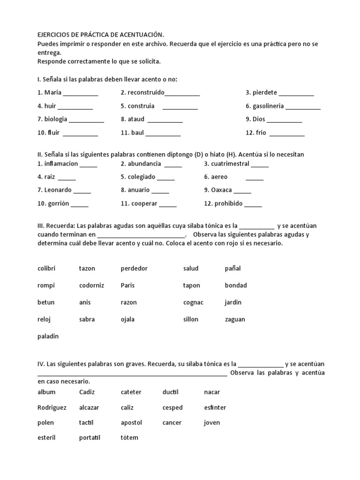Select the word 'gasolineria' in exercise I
coord(268,106)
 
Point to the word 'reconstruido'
coord(146,93)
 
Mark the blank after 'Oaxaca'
coord(242,191)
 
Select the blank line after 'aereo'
coord(255,178)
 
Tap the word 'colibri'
coord(46,269)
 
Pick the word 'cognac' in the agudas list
coord(193,302)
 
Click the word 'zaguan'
coord(235,319)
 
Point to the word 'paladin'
coord(48,336)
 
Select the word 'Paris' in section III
coord(127,285)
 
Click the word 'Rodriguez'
coord(52,407)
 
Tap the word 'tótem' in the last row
coord(129,437)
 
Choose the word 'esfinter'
coord(215,407)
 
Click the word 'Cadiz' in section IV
coord(87,392)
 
